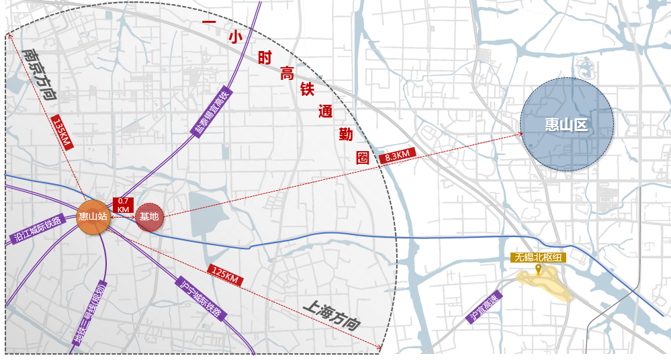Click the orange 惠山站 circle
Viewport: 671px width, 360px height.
pyautogui.click(x=93, y=216)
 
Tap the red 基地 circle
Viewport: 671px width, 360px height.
pyautogui.click(x=149, y=216)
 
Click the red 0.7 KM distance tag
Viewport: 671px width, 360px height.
pyautogui.click(x=124, y=205)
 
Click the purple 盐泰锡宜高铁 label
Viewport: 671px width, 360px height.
pyautogui.click(x=213, y=111)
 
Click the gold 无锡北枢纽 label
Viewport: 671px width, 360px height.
pyautogui.click(x=538, y=257)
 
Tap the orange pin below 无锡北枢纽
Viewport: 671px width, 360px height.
pyautogui.click(x=538, y=270)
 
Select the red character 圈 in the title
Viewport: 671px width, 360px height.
pyautogui.click(x=363, y=158)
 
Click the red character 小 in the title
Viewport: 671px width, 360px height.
pyautogui.click(x=234, y=39)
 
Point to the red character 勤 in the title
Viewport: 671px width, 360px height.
pyautogui.click(x=345, y=135)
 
